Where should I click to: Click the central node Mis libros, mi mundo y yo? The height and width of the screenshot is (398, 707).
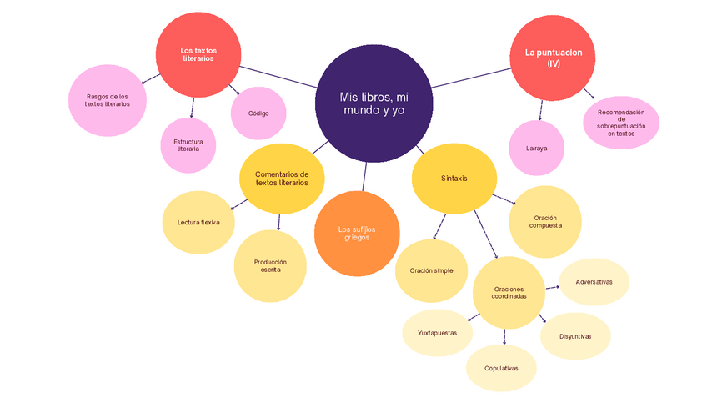point(374,103)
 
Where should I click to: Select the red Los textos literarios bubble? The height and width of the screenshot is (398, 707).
point(198,55)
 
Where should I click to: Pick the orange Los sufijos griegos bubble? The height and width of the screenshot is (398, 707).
point(356,234)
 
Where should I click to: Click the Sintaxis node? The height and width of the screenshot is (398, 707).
point(454,179)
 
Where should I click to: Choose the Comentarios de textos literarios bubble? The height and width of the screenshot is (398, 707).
point(282,179)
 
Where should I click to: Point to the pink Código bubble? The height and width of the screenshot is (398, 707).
point(258,113)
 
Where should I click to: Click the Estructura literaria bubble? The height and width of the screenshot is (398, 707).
point(188,145)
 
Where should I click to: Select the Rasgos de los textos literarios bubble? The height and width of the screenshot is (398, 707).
point(108,100)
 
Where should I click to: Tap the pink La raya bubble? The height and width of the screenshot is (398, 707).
point(536,149)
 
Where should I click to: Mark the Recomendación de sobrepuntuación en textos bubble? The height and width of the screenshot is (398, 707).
point(621,122)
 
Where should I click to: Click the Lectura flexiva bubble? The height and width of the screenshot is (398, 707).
point(198,223)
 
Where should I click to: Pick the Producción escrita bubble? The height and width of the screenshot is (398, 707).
point(270,265)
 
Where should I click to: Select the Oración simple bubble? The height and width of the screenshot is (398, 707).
point(432,270)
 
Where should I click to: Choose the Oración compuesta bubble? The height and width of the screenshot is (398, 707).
point(545,221)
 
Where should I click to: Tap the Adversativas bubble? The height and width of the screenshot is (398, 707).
point(594,282)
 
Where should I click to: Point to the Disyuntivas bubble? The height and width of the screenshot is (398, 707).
point(575,336)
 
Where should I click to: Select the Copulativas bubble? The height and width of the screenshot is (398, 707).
point(501,368)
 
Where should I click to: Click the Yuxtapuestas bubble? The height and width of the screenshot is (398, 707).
point(437,332)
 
